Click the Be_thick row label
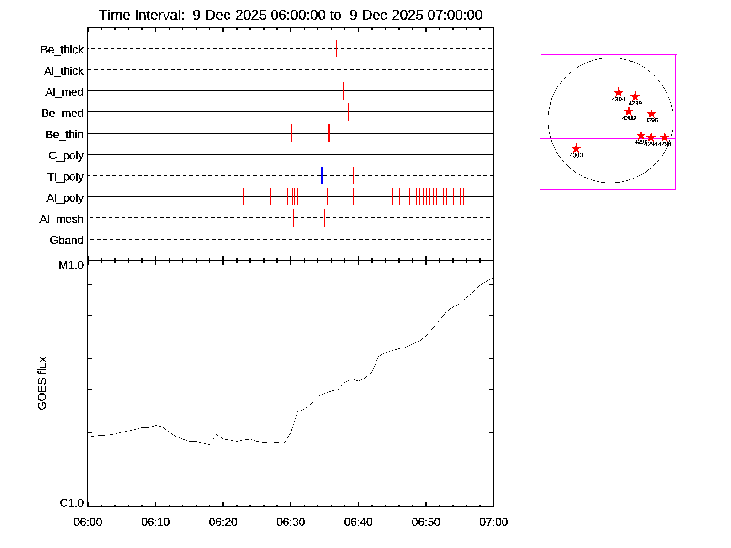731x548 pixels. pos(62,50)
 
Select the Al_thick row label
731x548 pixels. pos(64,71)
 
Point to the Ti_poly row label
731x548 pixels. pos(65,177)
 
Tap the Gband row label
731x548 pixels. pos(67,241)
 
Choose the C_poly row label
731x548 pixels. pos(66,156)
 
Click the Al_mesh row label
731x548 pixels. pos(62,220)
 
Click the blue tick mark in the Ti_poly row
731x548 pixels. pos(323,175)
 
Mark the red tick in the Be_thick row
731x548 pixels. pos(337,48)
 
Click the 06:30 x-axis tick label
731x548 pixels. pos(291,522)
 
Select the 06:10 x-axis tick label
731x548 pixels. pos(155,522)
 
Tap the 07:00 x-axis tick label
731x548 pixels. pos(493,522)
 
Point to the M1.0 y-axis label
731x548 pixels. pos(71,265)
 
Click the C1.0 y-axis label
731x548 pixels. pos(72,503)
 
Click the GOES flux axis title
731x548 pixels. pos(42,384)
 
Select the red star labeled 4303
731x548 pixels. pos(576,149)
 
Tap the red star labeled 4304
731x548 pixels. pos(619,93)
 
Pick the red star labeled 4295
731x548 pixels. pos(652,114)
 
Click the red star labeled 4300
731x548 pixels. pos(629,111)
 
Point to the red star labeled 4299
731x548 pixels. pos(635,97)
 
